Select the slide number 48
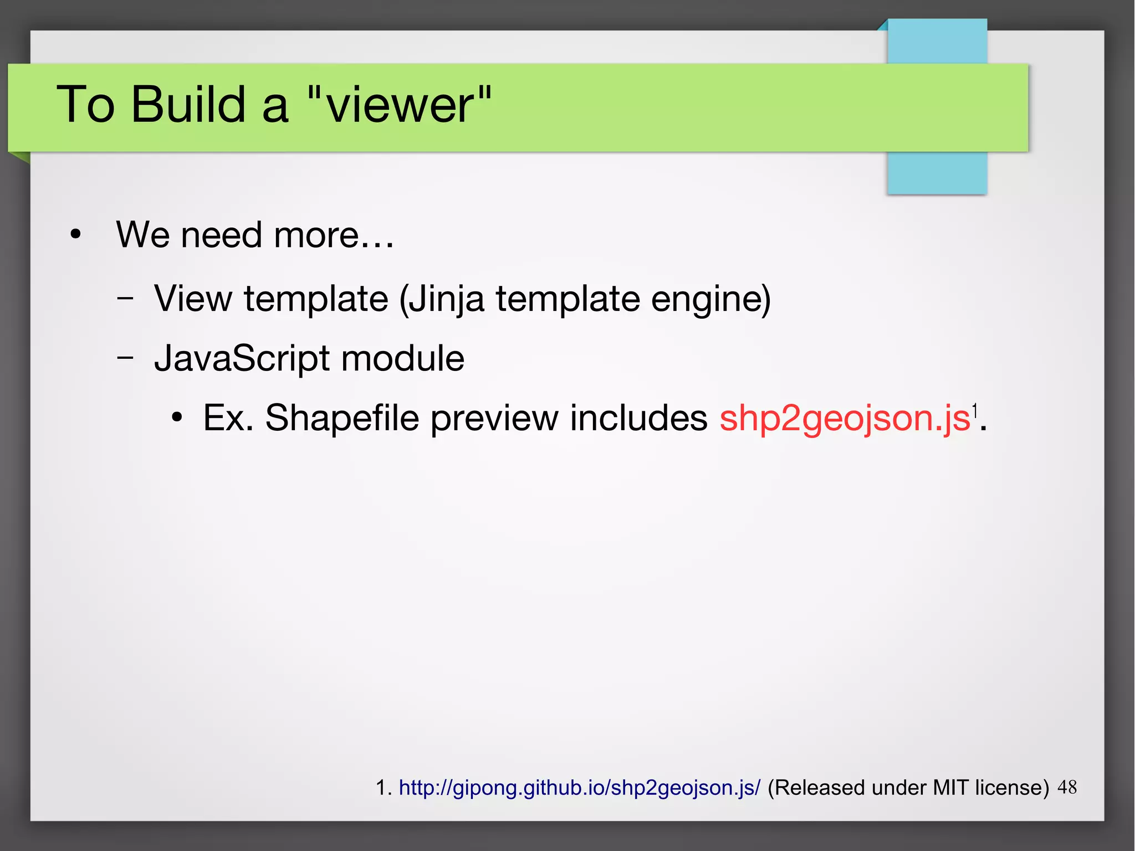[x=1067, y=787]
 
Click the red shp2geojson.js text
[x=844, y=417]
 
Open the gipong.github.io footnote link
[x=579, y=788]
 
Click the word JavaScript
[x=242, y=359]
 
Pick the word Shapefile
[x=341, y=417]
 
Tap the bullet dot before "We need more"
[x=75, y=235]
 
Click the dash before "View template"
[x=125, y=298]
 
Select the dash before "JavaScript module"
[x=125, y=358]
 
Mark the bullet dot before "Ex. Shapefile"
[x=177, y=417]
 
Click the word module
[x=402, y=359]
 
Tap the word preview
[x=494, y=418]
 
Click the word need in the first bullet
[x=221, y=235]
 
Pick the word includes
[x=638, y=417]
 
